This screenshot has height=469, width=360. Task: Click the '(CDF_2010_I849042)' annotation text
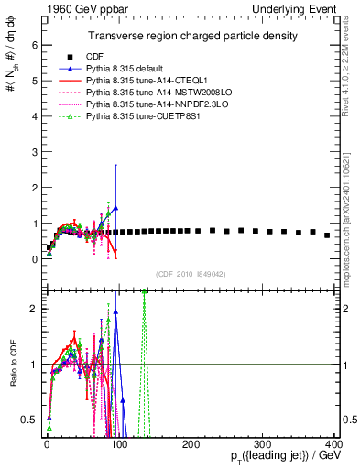190,273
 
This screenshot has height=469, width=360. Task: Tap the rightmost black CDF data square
327,235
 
